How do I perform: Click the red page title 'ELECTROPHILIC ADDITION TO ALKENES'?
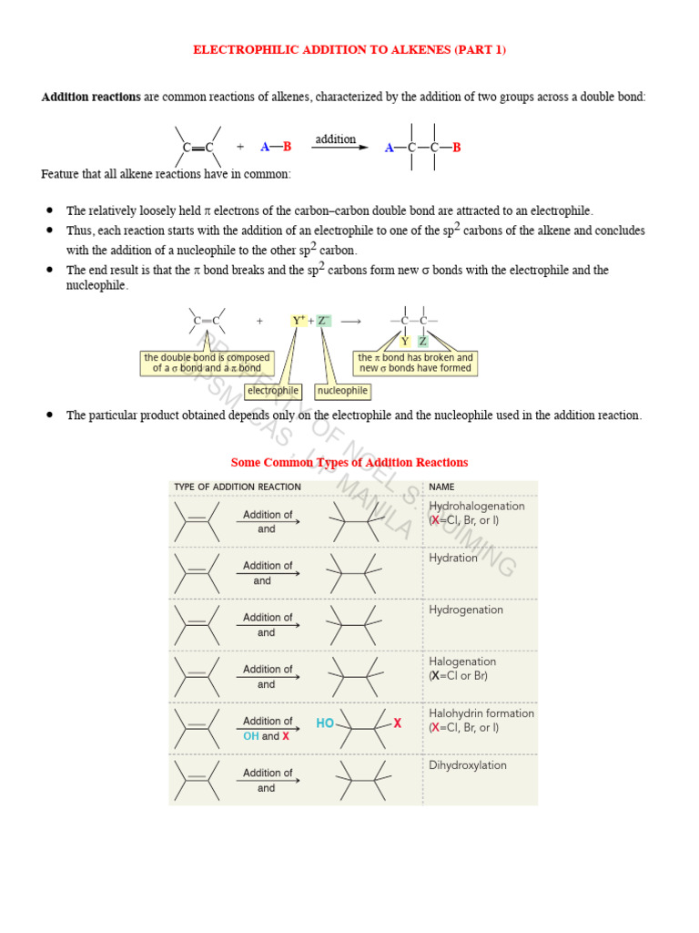349,50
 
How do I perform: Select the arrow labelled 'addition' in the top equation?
336,148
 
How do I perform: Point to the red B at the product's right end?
457,148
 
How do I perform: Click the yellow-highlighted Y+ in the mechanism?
299,321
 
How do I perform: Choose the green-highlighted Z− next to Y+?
324,321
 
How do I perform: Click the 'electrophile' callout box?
273,391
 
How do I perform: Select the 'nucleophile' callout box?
342,391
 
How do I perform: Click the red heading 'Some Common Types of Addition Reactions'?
349,463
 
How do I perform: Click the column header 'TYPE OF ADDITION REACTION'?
238,487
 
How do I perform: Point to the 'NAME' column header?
441,487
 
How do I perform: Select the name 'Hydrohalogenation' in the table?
476,506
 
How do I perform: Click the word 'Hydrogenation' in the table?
465,610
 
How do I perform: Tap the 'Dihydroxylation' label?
468,765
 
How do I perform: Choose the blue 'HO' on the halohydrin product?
325,723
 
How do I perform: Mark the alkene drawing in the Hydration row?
197,573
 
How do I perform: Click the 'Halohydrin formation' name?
481,713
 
